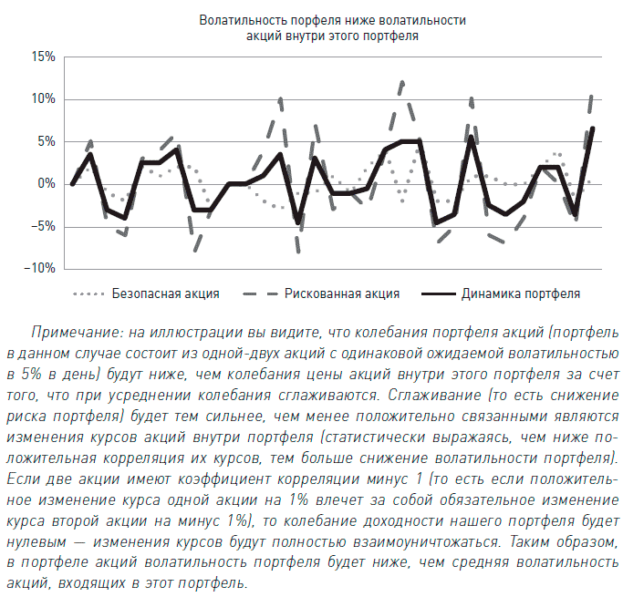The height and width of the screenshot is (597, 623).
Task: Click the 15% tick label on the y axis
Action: pyautogui.click(x=43, y=57)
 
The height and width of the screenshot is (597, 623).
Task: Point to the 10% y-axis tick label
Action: pyautogui.click(x=43, y=98)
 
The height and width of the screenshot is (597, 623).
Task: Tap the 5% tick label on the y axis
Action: pyautogui.click(x=47, y=141)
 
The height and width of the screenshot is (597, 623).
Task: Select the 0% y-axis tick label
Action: pyautogui.click(x=47, y=183)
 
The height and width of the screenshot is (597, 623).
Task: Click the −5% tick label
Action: pyautogui.click(x=43, y=226)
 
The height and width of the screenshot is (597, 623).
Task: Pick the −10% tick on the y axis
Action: pyautogui.click(x=40, y=268)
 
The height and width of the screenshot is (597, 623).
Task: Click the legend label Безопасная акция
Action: pyautogui.click(x=165, y=294)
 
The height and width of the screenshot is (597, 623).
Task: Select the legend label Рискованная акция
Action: pyautogui.click(x=342, y=294)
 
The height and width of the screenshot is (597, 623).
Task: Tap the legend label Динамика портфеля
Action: pyautogui.click(x=521, y=294)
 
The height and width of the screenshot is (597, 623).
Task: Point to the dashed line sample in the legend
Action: pyautogui.click(x=256, y=294)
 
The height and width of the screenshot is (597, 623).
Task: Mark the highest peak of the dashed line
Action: pyautogui.click(x=401, y=81)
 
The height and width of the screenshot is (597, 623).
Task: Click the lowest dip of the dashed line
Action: pyautogui.click(x=297, y=252)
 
